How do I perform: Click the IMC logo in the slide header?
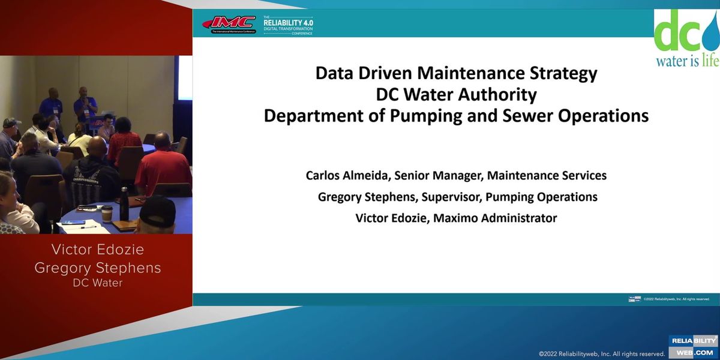pos(229,25)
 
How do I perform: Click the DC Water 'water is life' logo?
pos(686,38)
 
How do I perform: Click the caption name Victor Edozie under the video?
pos(98,250)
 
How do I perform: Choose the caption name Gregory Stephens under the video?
pos(98,268)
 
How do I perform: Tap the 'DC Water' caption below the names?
pos(98,283)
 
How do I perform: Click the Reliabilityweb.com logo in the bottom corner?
pos(693,346)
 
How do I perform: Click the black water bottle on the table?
pos(124,205)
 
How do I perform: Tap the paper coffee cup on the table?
pos(107,214)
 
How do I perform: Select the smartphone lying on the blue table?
pos(73,223)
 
